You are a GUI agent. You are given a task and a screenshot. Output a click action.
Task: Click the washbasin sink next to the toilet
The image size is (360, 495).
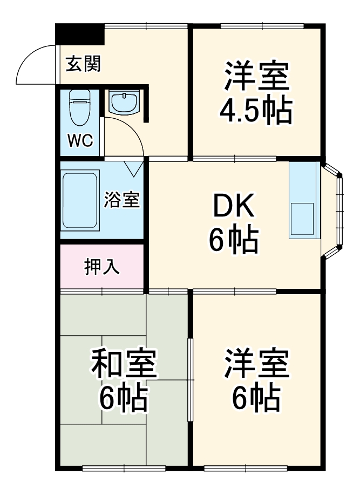pyautogui.click(x=124, y=101)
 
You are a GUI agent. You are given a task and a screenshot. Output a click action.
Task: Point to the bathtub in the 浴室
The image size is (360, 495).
pyautogui.click(x=80, y=201)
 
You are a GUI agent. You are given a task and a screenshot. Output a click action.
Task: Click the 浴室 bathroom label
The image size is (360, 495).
pyautogui.click(x=122, y=200)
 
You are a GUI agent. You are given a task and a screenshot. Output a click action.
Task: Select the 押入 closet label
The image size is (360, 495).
pyautogui.click(x=102, y=267)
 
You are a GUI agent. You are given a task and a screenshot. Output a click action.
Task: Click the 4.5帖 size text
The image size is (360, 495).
pyautogui.click(x=255, y=111)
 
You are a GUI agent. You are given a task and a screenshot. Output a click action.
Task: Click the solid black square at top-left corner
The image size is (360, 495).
pyautogui.click(x=80, y=35)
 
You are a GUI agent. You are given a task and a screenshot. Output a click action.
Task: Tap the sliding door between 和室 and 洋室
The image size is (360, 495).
pyautogui.click(x=191, y=381)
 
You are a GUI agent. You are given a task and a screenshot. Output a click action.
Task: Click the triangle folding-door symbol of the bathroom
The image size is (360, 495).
pyautogui.click(x=134, y=168)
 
